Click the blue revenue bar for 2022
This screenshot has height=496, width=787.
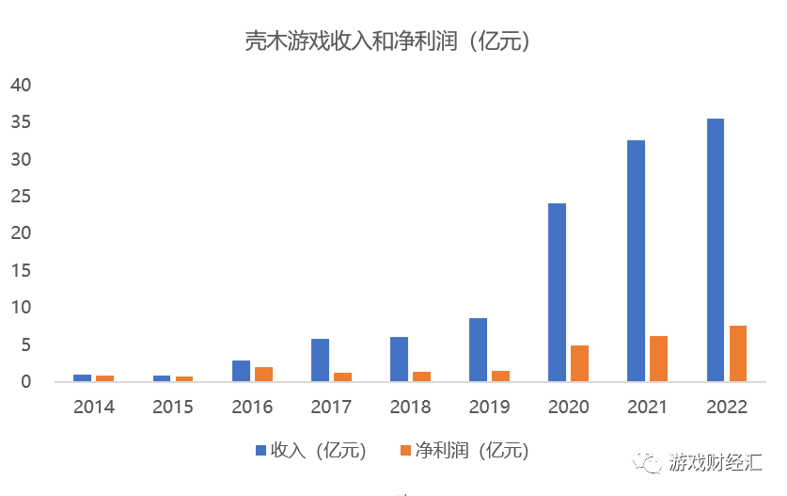pos(715,249)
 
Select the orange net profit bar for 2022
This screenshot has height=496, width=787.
pos(738,353)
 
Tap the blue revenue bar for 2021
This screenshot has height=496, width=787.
pos(636,261)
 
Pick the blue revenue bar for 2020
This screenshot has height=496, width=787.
pos(557,292)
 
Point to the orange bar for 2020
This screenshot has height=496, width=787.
pos(579,363)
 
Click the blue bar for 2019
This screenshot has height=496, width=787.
pos(478,349)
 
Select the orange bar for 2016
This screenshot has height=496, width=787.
pos(263,374)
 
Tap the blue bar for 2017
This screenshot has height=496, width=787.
pos(320,360)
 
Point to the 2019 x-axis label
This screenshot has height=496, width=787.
pos(489,408)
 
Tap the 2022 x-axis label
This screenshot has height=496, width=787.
pos(726,408)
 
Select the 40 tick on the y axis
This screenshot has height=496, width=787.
pos(21,86)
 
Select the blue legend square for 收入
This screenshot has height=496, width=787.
pos(261,451)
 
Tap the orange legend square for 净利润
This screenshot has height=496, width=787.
pos(405,451)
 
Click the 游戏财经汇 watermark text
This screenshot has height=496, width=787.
pos(716,461)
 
